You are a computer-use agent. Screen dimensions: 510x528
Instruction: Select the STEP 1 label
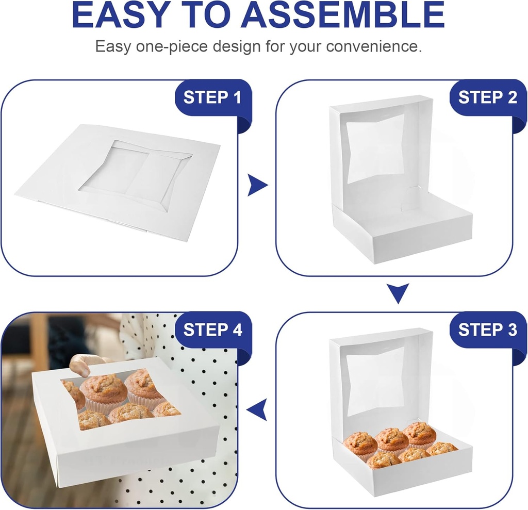coord(212,97)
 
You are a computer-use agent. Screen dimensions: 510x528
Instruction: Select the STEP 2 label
coord(487,97)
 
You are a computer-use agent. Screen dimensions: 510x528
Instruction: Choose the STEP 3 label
coord(487,330)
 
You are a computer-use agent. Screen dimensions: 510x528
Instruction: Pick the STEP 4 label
coord(212,330)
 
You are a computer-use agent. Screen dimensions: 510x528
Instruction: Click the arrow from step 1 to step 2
coord(257,185)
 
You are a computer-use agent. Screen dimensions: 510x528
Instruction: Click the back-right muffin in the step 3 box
coord(419,432)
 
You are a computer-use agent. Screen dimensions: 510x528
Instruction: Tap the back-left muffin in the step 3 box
coord(360,442)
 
